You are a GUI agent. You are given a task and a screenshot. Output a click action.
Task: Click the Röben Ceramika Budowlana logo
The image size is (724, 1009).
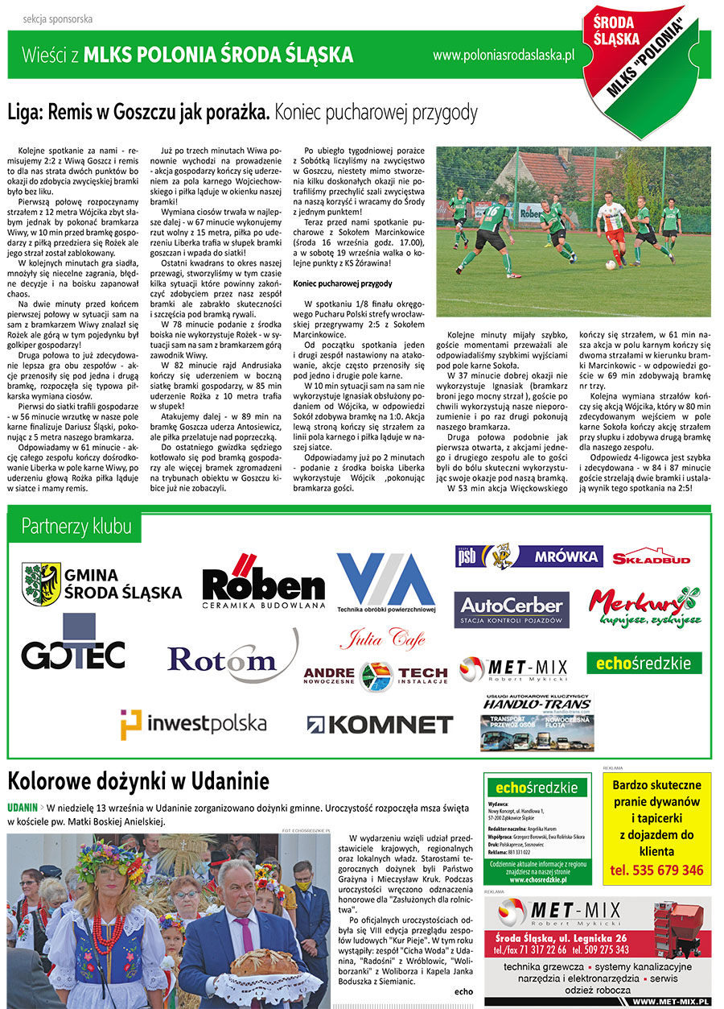click(263, 582)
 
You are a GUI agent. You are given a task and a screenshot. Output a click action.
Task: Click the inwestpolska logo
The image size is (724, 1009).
click(193, 724)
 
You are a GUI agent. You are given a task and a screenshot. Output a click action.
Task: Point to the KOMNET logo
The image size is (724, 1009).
click(380, 724)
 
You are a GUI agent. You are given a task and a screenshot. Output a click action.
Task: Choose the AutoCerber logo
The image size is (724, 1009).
click(512, 610)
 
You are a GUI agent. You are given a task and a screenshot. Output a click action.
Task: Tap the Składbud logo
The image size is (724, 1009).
click(651, 556)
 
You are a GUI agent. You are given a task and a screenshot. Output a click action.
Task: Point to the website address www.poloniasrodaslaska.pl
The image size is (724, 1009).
click(503, 56)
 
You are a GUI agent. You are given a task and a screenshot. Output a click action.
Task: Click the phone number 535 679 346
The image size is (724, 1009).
click(657, 870)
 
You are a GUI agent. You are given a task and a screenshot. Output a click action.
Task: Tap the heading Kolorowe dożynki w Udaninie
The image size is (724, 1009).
click(138, 781)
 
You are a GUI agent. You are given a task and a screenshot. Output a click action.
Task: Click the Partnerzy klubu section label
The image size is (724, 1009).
click(76, 527)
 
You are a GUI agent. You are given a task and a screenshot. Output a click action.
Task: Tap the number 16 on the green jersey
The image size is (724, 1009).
click(490, 213)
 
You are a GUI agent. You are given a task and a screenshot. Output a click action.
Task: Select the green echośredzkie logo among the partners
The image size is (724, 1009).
click(644, 663)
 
